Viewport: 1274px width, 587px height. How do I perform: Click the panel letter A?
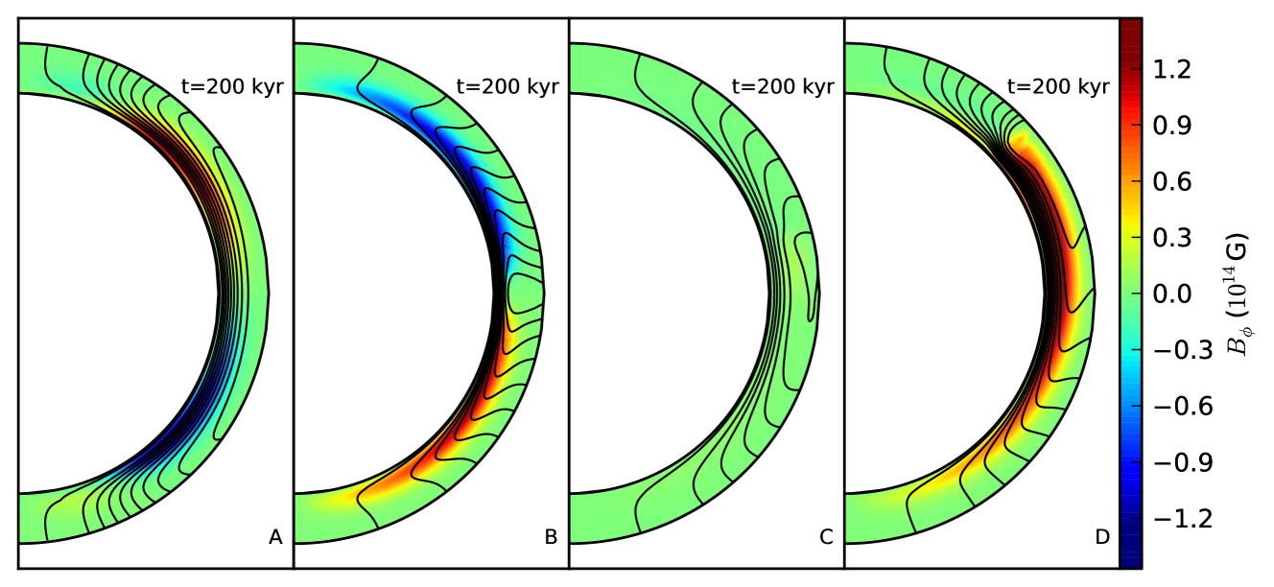(275, 537)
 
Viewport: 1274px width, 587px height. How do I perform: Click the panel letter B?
(551, 537)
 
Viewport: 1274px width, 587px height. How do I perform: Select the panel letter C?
(826, 537)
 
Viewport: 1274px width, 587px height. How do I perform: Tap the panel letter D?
(1102, 537)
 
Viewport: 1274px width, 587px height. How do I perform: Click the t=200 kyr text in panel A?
(232, 86)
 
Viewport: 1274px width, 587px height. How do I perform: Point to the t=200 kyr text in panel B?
(507, 86)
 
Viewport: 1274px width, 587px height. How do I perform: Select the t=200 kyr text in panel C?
(783, 86)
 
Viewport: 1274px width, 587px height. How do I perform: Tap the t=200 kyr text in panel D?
(1058, 86)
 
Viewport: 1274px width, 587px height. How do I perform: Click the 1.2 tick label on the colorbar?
(1172, 70)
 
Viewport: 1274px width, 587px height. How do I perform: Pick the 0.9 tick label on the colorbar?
(1172, 126)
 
